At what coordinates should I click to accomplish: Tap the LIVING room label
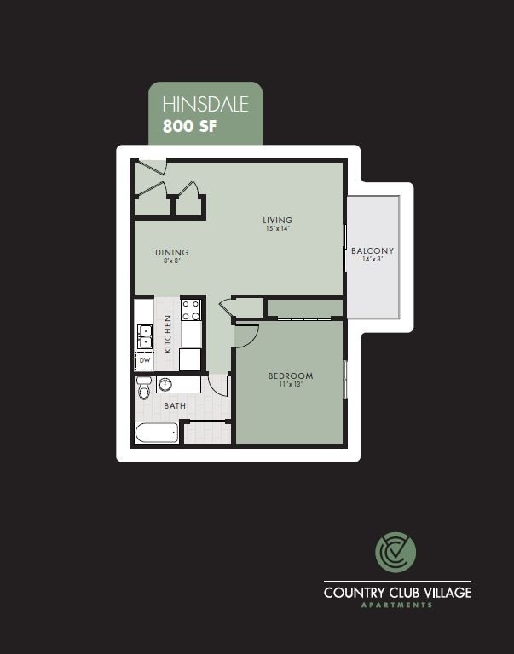pyautogui.click(x=277, y=220)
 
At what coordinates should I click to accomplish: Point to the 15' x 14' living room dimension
pyautogui.click(x=277, y=229)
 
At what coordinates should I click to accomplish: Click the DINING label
pyautogui.click(x=171, y=252)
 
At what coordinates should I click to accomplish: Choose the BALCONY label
pyautogui.click(x=373, y=250)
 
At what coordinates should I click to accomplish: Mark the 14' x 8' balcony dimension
pyautogui.click(x=373, y=260)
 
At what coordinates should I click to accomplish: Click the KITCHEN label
pyautogui.click(x=168, y=333)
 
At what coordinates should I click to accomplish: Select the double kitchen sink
pyautogui.click(x=144, y=337)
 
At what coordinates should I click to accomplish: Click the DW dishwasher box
pyautogui.click(x=144, y=361)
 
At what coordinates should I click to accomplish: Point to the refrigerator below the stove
pyautogui.click(x=190, y=359)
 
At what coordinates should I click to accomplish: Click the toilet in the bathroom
pyautogui.click(x=143, y=391)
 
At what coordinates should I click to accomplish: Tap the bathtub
pyautogui.click(x=156, y=433)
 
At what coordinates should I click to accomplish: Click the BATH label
pyautogui.click(x=175, y=406)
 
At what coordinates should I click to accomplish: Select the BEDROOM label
pyautogui.click(x=290, y=376)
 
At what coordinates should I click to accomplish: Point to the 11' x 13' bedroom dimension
pyautogui.click(x=290, y=385)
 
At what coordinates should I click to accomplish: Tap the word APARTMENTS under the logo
pyautogui.click(x=396, y=605)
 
